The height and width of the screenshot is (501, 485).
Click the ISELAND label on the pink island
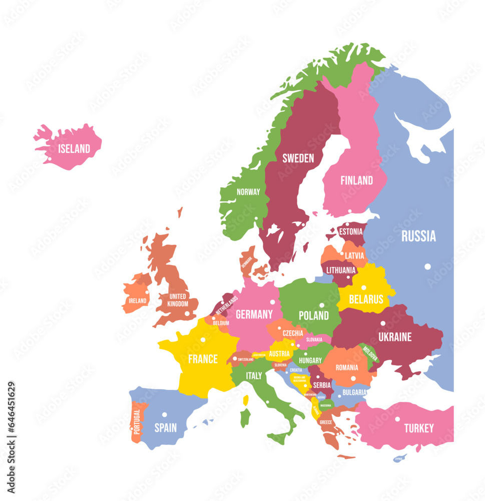point(74,149)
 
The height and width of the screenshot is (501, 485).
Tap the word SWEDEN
point(298,159)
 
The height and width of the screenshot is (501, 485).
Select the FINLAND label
point(356,180)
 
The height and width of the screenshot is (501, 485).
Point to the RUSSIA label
point(418,236)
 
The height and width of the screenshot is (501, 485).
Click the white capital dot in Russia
point(427,267)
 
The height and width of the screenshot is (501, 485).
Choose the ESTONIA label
point(350,232)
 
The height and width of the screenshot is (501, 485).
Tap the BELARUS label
point(366,300)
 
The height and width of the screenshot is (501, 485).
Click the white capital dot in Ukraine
point(383,323)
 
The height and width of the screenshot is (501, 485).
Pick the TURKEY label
point(419,428)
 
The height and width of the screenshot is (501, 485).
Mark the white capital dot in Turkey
point(397,419)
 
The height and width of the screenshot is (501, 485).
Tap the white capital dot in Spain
point(165,415)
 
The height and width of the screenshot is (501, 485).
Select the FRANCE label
point(203,359)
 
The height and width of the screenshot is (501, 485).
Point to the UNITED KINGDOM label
point(178,300)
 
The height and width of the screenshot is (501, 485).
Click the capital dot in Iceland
point(50,160)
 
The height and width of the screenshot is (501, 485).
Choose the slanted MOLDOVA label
point(370,354)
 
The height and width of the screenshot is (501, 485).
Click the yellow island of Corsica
point(246,400)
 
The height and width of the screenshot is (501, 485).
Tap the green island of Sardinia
point(245,418)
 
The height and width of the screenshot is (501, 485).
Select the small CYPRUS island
point(398,458)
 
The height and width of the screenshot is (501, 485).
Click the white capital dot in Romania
point(353,378)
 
